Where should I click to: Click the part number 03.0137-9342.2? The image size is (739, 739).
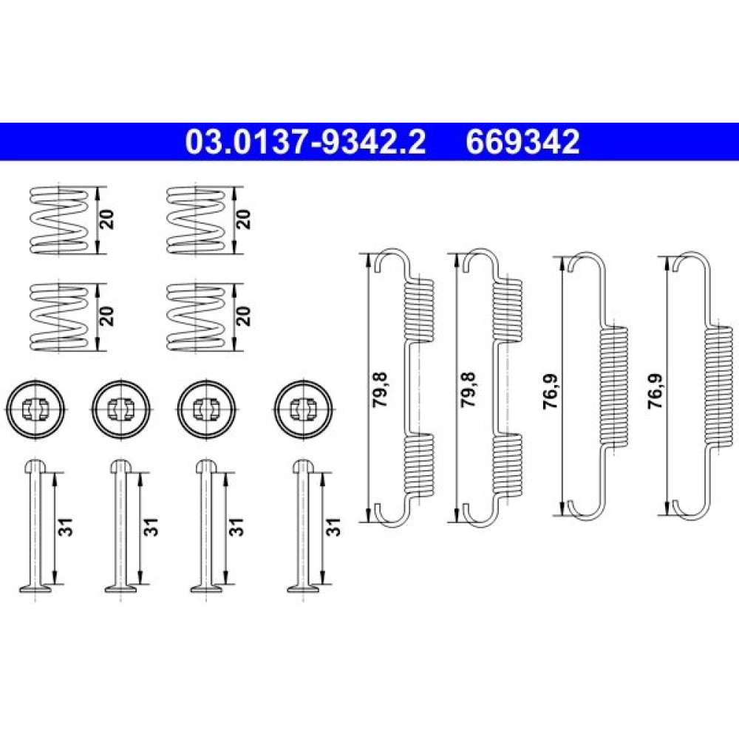coord(305,142)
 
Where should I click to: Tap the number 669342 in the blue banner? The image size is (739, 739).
coord(522,142)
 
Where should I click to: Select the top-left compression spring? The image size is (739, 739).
coord(58,220)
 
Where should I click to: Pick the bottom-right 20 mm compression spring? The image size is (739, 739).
coord(196,316)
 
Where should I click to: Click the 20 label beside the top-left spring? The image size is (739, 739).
coord(108,220)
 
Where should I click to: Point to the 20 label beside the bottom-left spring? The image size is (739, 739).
coord(108,316)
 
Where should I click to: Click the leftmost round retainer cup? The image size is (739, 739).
coord(35,409)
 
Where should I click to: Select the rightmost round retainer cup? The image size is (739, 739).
coord(302,409)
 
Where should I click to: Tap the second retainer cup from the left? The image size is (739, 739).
coord(122,409)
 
